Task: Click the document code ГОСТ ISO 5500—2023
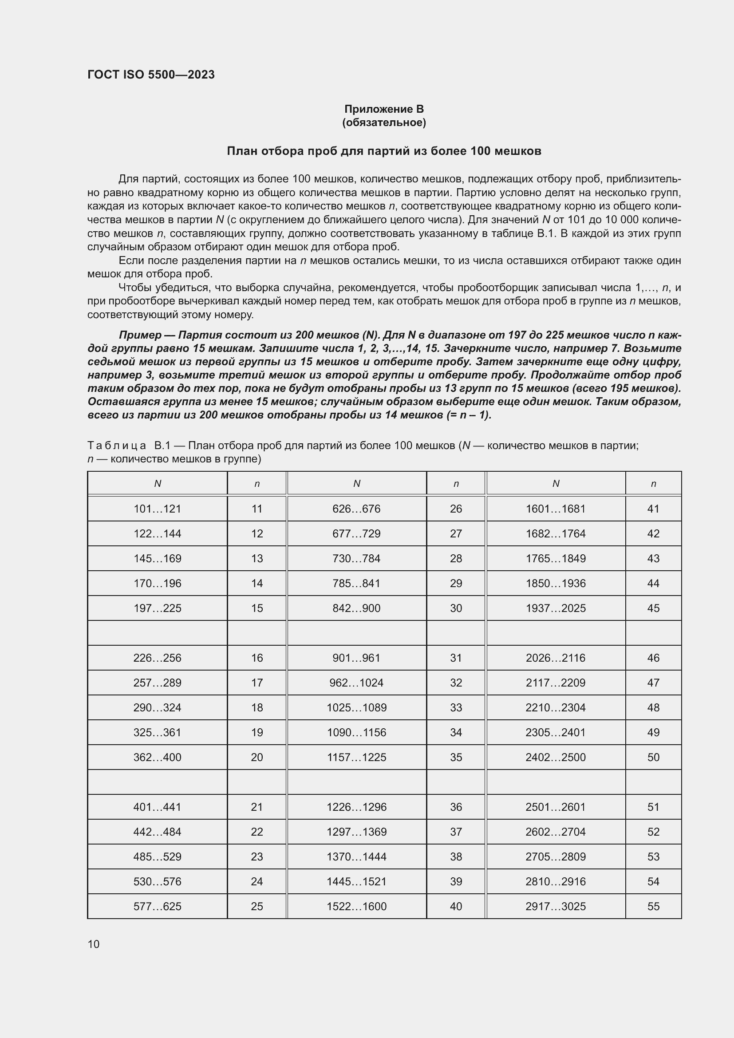click(x=151, y=75)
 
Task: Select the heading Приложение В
click(x=384, y=109)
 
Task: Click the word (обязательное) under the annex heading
click(x=384, y=122)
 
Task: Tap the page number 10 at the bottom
click(x=94, y=944)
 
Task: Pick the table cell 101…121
click(x=157, y=509)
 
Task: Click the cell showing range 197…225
click(x=157, y=608)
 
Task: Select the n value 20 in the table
click(x=257, y=757)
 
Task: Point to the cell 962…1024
click(x=356, y=683)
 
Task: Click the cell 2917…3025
click(x=556, y=907)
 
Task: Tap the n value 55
click(x=653, y=907)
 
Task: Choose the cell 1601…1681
click(x=556, y=509)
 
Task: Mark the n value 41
click(x=653, y=509)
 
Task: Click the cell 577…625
click(x=157, y=907)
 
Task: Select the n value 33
click(x=456, y=707)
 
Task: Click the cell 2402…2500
click(x=556, y=757)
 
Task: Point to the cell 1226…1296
click(x=356, y=807)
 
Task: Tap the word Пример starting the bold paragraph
click(x=140, y=335)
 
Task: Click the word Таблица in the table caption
click(x=117, y=446)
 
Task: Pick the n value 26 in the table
click(x=456, y=509)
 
